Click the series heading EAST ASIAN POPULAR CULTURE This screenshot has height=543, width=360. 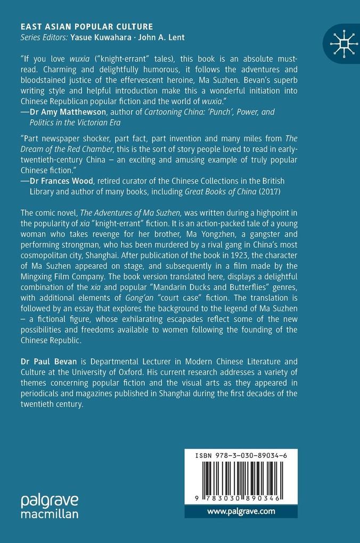point(86,26)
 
